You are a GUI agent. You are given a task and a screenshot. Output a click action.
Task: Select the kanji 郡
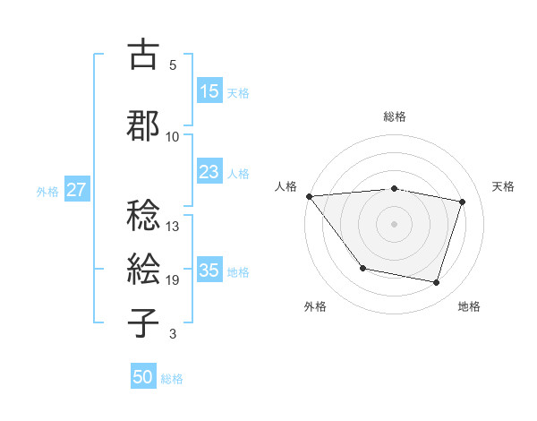pyautogui.click(x=143, y=125)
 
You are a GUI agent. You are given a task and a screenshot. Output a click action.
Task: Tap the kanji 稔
pyautogui.click(x=143, y=215)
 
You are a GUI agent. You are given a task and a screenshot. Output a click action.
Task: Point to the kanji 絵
pyautogui.click(x=143, y=269)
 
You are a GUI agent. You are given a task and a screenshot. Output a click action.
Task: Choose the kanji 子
pyautogui.click(x=143, y=322)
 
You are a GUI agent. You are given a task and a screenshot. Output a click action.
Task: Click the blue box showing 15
pyautogui.click(x=209, y=91)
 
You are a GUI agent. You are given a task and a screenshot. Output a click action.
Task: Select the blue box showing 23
pyautogui.click(x=209, y=172)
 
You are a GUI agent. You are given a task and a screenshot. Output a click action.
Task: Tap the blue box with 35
pyautogui.click(x=209, y=271)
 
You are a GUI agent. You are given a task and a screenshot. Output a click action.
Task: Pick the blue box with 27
pyautogui.click(x=77, y=190)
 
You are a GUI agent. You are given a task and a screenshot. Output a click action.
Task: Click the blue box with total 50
pyautogui.click(x=143, y=377)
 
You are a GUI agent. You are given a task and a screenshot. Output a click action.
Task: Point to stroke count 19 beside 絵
pyautogui.click(x=173, y=280)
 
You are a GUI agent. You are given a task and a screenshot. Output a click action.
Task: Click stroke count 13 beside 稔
pyautogui.click(x=173, y=226)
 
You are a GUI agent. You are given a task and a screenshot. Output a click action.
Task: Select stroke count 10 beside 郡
pyautogui.click(x=173, y=136)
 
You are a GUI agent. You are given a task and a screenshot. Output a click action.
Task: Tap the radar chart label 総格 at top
pyautogui.click(x=394, y=116)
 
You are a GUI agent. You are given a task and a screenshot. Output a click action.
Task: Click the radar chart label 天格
pyautogui.click(x=504, y=186)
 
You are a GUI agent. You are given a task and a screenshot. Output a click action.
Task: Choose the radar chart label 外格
pyautogui.click(x=315, y=306)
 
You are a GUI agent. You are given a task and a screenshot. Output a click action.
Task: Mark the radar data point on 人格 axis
pyautogui.click(x=309, y=196)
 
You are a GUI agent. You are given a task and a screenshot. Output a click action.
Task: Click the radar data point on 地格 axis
pyautogui.click(x=436, y=282)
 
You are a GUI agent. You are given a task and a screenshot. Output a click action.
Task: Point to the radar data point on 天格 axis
pyautogui.click(x=463, y=202)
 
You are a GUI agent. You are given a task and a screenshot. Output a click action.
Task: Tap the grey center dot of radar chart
pyautogui.click(x=394, y=223)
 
